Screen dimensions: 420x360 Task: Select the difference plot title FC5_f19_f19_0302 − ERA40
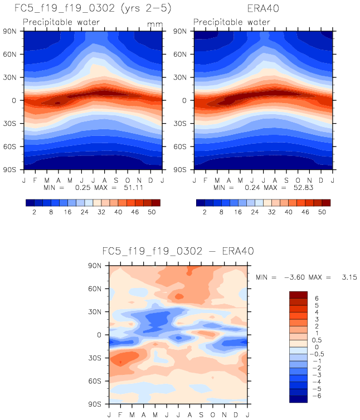[x=178, y=251]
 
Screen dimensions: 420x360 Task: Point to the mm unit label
[x=153, y=25]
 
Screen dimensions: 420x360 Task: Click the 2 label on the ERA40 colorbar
[x=203, y=213]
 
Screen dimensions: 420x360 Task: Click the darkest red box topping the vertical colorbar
[x=298, y=295]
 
